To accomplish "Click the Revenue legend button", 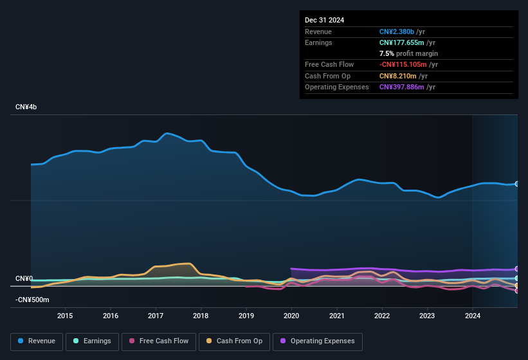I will (36, 341).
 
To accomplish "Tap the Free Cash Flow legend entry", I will (159, 341).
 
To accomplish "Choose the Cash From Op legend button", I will (233, 341).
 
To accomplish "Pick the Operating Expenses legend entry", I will (318, 341).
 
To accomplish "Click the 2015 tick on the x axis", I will (64, 316).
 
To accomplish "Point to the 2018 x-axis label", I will (201, 316).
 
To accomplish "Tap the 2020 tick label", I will (291, 316).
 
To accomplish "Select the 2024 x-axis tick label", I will (473, 316).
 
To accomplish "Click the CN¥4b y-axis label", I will (26, 107).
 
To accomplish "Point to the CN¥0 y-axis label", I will (24, 278).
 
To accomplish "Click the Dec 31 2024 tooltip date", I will (324, 20).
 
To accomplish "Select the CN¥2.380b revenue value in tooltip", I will (397, 32).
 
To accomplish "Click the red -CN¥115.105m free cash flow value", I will (404, 64).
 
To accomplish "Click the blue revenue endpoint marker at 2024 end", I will (517, 184).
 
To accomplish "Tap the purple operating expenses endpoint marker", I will (517, 269).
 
